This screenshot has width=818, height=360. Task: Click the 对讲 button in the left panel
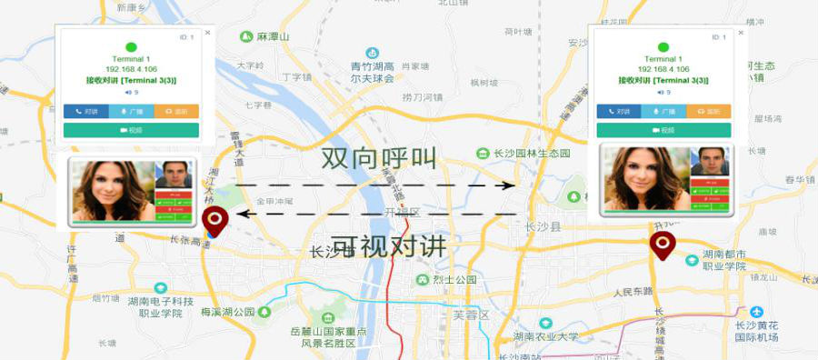point(86,111)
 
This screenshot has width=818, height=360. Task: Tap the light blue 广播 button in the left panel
point(131,111)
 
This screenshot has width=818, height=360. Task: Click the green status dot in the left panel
point(131,47)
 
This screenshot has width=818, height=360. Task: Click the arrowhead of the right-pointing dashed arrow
point(509,185)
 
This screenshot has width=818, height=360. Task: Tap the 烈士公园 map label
point(453,279)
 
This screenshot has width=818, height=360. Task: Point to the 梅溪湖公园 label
point(227,312)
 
